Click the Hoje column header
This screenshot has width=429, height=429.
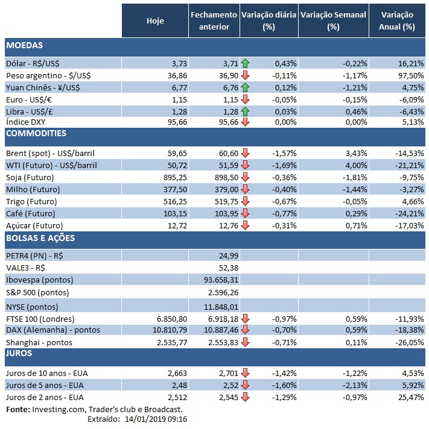tap(155, 21)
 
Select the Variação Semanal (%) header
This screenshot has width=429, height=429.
tap(333, 21)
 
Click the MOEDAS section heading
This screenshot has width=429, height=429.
tap(24, 45)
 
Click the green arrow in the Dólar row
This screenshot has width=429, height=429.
tap(245, 63)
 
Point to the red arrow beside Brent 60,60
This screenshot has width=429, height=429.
tap(245, 154)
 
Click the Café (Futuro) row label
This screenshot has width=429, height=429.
tap(30, 213)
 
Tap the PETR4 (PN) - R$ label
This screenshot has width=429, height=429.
tap(34, 255)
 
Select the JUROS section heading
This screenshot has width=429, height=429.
tap(19, 354)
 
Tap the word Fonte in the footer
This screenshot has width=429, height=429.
tap(18, 410)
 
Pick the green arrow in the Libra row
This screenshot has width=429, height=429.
tap(245, 111)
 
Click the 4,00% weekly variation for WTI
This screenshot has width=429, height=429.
tap(354, 165)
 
